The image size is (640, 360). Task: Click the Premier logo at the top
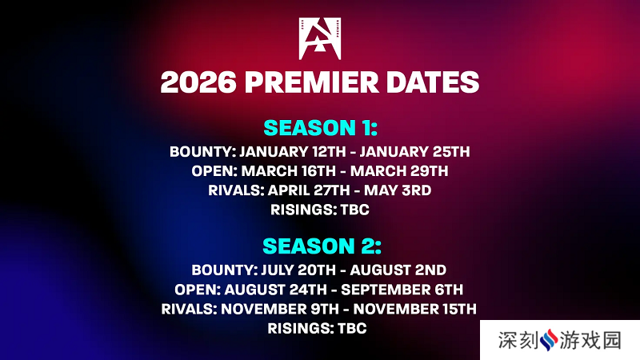(x=319, y=38)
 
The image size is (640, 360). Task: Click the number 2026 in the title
(x=198, y=82)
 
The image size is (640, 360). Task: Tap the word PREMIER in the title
(x=311, y=82)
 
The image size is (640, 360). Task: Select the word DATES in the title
(x=432, y=82)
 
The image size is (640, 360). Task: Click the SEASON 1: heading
(x=321, y=128)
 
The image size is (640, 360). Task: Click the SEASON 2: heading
(x=322, y=246)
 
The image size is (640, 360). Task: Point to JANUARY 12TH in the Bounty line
(x=292, y=152)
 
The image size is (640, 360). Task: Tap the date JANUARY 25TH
(x=414, y=152)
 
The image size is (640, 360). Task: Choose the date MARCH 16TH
(x=288, y=171)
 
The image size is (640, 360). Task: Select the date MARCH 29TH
(x=398, y=171)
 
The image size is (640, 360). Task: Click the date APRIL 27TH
(x=309, y=190)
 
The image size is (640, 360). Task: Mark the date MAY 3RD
(x=397, y=190)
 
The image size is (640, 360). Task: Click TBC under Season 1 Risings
(x=354, y=210)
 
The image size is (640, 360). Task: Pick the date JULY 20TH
(x=298, y=270)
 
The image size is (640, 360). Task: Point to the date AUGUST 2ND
(x=398, y=270)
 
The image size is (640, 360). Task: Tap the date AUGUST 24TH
(x=275, y=290)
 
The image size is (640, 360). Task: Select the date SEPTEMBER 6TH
(x=402, y=290)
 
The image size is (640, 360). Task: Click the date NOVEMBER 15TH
(x=414, y=309)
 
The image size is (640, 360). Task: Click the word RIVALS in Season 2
(x=188, y=309)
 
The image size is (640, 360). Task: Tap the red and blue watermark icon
(x=549, y=340)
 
